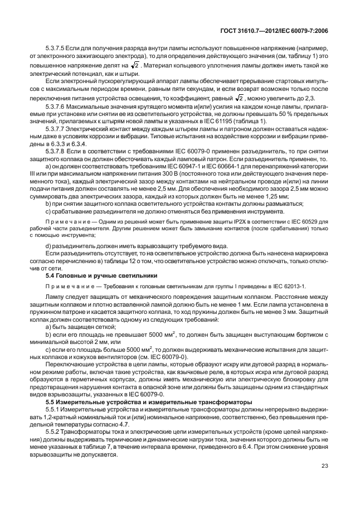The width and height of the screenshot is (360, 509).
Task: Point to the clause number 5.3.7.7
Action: coord(55,128)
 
